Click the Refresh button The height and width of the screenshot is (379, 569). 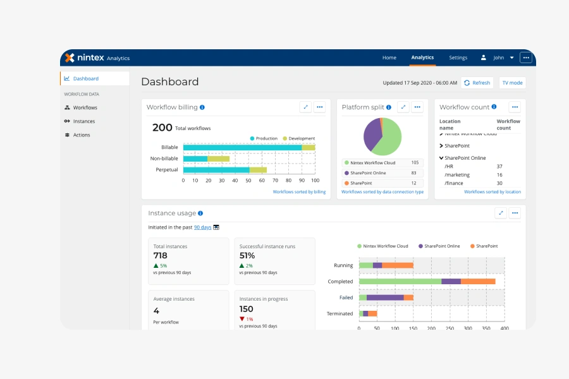tap(477, 83)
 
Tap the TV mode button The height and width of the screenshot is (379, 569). tap(512, 83)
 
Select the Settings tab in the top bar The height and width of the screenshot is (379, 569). tap(458, 57)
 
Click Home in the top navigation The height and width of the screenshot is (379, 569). tap(389, 57)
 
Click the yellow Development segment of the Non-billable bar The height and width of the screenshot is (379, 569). tap(219, 159)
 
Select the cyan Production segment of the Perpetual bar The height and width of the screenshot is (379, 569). tap(216, 170)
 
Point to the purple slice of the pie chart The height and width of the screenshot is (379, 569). tap(372, 134)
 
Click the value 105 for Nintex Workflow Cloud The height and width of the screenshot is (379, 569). tap(415, 162)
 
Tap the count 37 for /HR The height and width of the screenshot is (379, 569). tap(499, 167)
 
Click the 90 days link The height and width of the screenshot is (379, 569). tap(202, 227)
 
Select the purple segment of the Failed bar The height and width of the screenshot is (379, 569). tap(385, 298)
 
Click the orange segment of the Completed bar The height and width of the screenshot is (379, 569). tap(478, 282)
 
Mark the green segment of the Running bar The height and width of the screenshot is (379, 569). tap(366, 265)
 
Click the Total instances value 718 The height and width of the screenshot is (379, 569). tap(161, 256)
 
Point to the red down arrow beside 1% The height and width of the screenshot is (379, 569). tap(242, 319)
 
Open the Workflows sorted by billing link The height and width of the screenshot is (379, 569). tap(300, 192)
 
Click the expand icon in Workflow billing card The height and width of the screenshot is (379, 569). tap(305, 107)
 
